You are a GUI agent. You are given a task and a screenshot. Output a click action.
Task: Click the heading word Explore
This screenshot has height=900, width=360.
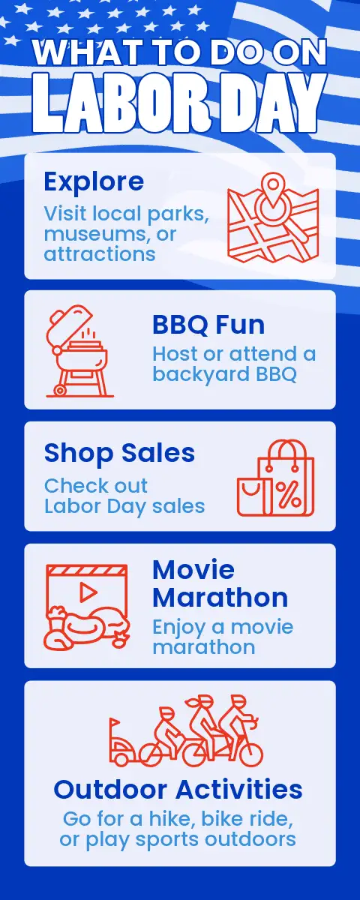pos(94,182)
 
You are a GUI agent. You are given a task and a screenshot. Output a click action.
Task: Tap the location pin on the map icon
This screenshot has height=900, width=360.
pos(273,190)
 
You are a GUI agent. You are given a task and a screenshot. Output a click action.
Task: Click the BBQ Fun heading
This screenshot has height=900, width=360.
pos(208,325)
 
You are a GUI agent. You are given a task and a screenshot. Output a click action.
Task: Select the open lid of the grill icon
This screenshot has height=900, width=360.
pos(67,325)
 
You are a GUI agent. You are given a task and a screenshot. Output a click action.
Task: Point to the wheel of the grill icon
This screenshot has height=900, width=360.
pos(60,390)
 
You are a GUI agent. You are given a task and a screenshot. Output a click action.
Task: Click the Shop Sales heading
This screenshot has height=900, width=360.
pos(119,454)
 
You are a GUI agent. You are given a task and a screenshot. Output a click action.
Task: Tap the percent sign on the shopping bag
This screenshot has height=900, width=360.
pos(289,493)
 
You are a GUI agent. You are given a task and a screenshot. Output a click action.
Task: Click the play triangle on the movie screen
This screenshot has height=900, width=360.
pos(88,592)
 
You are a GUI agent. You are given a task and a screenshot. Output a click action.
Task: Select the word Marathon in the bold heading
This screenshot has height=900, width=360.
pos(220,598)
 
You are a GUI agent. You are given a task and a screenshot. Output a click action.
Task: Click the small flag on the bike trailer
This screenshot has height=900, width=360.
pos(115,721)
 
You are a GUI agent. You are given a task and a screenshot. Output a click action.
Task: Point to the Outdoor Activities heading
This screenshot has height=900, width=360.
pos(178,790)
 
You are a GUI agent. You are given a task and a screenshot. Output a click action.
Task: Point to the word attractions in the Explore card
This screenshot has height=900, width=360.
pos(100,254)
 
